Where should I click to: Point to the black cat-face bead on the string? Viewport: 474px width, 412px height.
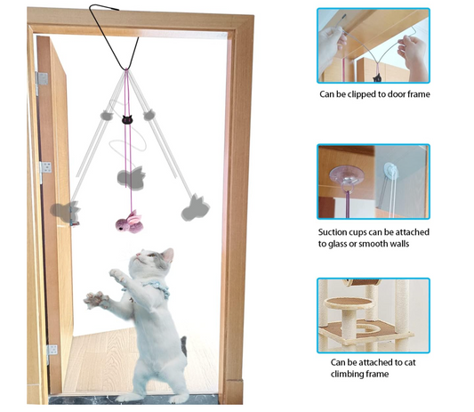125,116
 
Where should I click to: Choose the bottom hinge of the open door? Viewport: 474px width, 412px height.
52,351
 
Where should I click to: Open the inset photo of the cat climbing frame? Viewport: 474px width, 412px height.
373,315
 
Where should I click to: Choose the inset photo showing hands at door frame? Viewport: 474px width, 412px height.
373,44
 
